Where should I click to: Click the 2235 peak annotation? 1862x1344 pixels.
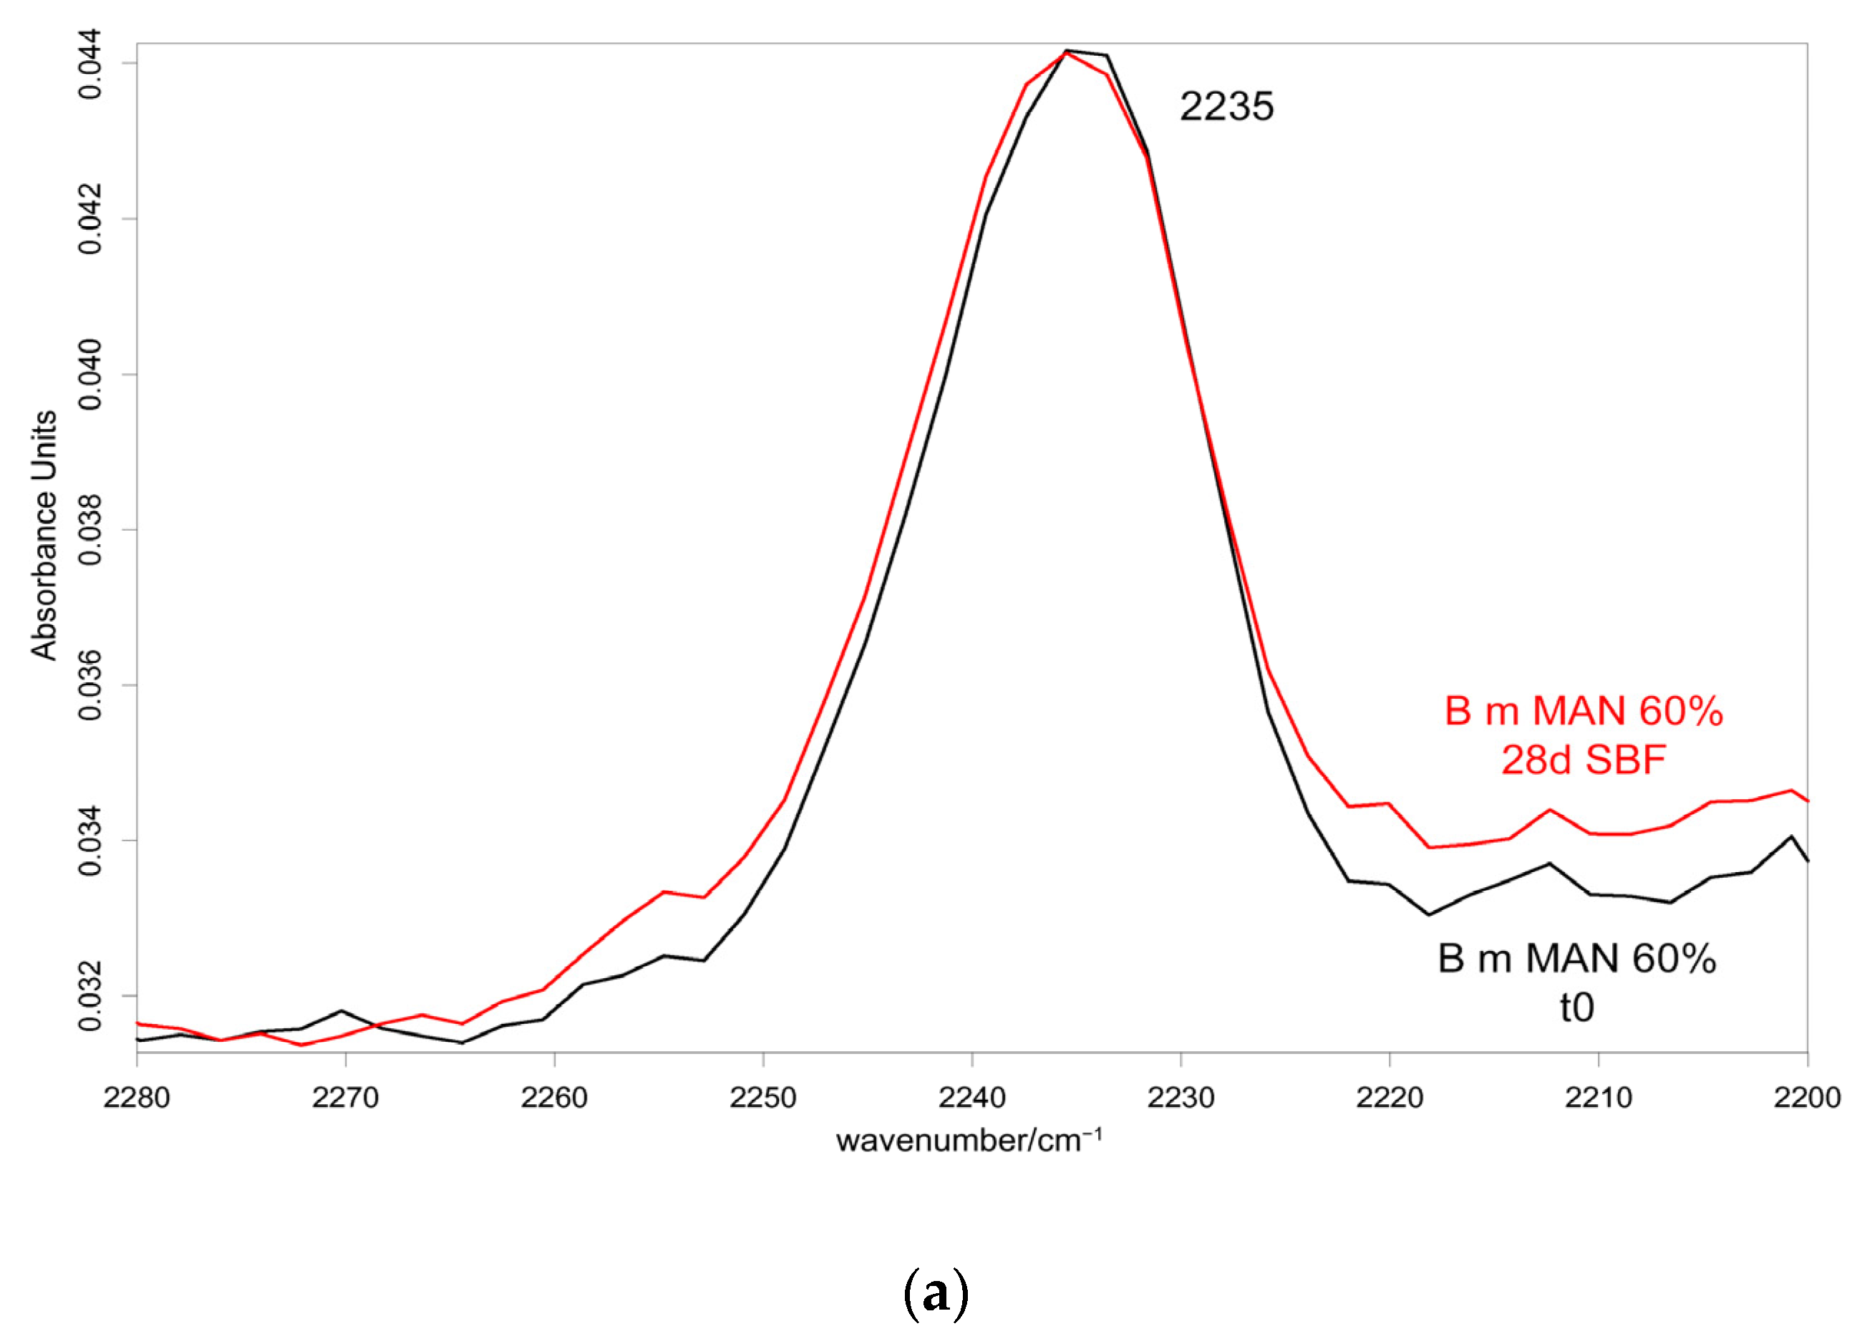tap(1226, 107)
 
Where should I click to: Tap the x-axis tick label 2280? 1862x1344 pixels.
tap(137, 1098)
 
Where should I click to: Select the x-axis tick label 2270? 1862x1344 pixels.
tap(346, 1098)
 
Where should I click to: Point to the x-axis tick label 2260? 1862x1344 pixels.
tap(554, 1098)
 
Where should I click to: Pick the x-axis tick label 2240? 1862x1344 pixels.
tap(972, 1098)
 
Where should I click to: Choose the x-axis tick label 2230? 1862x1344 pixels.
tap(1180, 1098)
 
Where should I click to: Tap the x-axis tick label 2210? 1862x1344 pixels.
tap(1599, 1098)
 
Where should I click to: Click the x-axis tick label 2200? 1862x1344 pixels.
tap(1807, 1098)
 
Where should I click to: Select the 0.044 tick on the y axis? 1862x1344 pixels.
tap(90, 63)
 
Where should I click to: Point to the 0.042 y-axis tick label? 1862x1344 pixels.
tap(90, 219)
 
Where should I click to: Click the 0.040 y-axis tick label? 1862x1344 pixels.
tap(90, 374)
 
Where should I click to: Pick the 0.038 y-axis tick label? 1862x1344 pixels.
tap(90, 531)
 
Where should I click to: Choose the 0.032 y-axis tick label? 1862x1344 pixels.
tap(90, 996)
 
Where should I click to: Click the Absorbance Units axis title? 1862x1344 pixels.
tap(44, 536)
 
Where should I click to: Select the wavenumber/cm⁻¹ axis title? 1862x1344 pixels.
tap(969, 1141)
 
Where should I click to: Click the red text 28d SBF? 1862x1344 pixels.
tap(1584, 760)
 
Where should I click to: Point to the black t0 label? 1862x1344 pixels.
tap(1577, 1007)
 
